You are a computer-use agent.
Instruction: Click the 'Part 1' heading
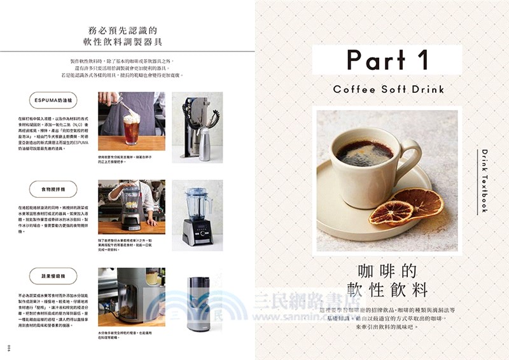point(386,59)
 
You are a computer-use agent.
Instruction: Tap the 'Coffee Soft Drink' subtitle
point(388,89)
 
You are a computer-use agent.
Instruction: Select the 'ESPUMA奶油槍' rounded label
point(53,100)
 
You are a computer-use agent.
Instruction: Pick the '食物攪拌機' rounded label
point(53,188)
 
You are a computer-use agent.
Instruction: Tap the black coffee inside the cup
point(364,153)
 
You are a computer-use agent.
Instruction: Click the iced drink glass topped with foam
point(131,127)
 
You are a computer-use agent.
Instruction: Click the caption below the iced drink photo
point(130,159)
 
